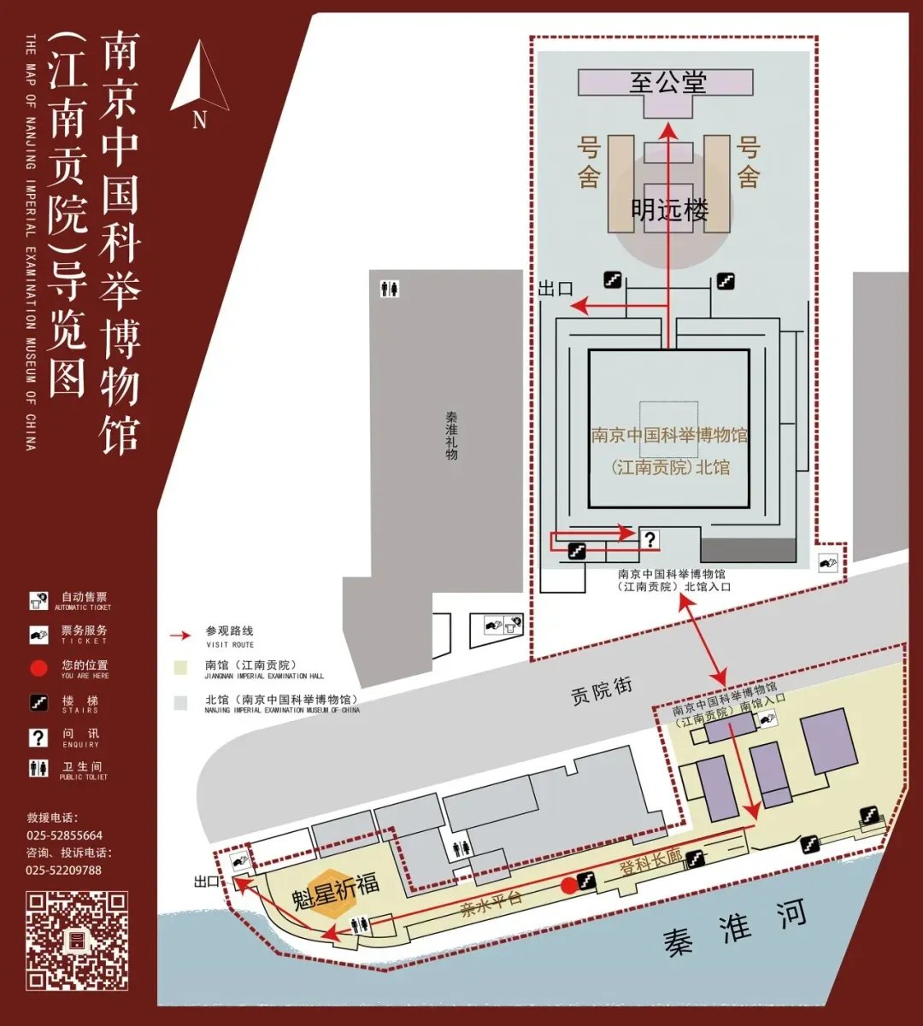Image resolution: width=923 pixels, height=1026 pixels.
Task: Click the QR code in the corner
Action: tap(77, 940)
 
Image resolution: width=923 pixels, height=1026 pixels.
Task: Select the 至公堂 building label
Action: tap(667, 82)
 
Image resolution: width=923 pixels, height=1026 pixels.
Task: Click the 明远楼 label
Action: tap(670, 209)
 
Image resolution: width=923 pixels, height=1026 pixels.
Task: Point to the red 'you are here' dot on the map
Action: tap(568, 885)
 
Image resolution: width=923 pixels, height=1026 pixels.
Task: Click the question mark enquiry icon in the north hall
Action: tap(650, 539)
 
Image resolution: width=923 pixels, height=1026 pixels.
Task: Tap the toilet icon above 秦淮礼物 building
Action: tap(390, 289)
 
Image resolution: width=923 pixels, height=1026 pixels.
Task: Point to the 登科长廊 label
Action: tap(650, 865)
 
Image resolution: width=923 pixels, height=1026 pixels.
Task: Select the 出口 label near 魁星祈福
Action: tap(207, 881)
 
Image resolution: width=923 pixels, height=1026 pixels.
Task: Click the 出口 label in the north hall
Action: tap(555, 289)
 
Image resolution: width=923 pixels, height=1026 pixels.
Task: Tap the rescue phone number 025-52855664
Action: tap(64, 835)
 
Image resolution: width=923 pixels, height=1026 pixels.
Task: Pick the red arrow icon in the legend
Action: tap(179, 636)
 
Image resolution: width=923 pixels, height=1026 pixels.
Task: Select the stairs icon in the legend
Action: tap(38, 703)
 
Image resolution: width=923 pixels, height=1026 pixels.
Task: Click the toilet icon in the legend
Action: tap(38, 769)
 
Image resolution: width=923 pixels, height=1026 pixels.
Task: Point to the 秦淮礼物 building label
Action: tap(451, 436)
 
